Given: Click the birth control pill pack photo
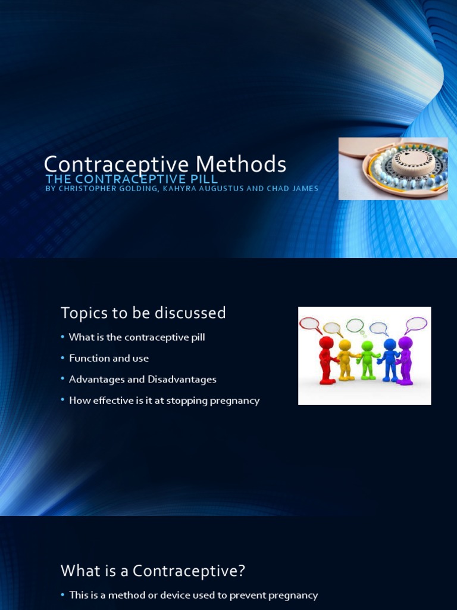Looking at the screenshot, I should pos(393,169).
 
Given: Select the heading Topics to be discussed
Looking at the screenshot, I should pos(143,313).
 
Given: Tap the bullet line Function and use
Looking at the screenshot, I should pos(109,358).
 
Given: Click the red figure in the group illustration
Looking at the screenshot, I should pos(326,360).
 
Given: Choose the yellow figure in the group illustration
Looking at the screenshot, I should pos(345,360).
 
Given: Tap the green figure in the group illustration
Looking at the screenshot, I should pos(367,360).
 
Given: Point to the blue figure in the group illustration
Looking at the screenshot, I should pos(389,360).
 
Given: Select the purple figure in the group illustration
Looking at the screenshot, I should pos(405,360).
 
